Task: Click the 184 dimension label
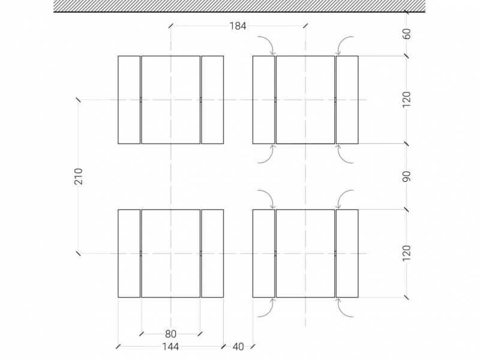pyautogui.click(x=238, y=26)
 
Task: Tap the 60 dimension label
pyautogui.click(x=407, y=34)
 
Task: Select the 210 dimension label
pyautogui.click(x=79, y=176)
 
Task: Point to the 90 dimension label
pyautogui.click(x=407, y=176)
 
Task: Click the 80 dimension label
pyautogui.click(x=170, y=334)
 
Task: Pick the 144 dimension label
pyautogui.click(x=170, y=347)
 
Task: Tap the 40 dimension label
pyautogui.click(x=238, y=347)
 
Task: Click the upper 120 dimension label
pyautogui.click(x=407, y=100)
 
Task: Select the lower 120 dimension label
pyautogui.click(x=407, y=253)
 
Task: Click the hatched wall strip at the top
pyautogui.click(x=239, y=6)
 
